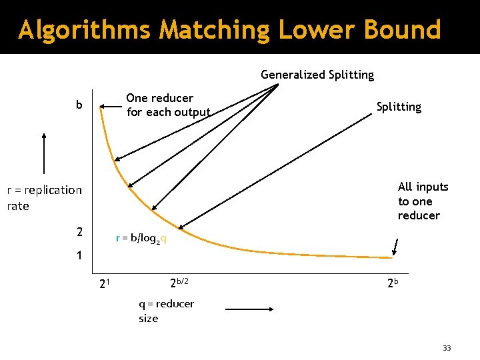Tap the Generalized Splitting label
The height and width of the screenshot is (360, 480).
tap(317, 75)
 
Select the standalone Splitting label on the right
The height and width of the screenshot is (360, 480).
tap(399, 107)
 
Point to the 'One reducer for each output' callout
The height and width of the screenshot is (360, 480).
tap(168, 105)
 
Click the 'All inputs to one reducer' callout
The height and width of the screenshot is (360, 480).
tap(423, 201)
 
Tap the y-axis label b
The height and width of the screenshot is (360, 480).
tap(79, 105)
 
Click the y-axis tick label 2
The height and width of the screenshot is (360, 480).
tap(79, 232)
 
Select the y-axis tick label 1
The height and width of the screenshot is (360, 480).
tap(79, 255)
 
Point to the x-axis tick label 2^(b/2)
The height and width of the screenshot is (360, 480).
tap(179, 283)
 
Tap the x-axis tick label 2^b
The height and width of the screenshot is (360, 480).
tap(393, 283)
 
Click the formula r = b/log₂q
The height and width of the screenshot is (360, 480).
tap(141, 238)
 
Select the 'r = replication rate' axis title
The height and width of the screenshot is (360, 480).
tap(44, 198)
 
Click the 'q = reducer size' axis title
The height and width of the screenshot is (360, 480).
tap(166, 311)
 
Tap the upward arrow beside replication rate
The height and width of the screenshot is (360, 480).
tap(44, 153)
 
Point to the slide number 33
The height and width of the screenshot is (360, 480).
tap(447, 348)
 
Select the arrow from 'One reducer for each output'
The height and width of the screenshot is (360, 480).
tap(112, 105)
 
